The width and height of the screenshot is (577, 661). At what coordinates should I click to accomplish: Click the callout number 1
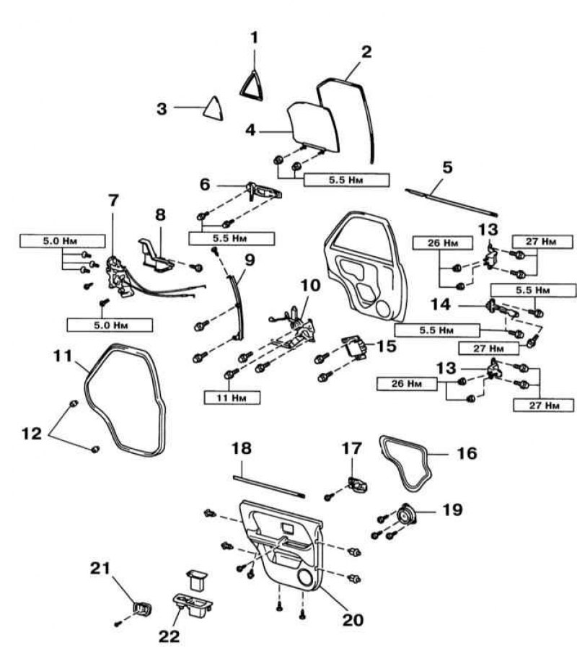[254, 36]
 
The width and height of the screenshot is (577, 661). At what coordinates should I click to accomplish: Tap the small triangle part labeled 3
[214, 107]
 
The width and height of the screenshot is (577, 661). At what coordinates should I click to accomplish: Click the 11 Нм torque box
[232, 397]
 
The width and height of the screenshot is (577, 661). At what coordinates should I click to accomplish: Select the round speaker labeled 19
[405, 517]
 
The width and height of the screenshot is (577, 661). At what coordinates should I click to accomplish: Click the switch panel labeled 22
[192, 605]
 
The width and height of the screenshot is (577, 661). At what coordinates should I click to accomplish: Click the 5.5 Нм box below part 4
[346, 180]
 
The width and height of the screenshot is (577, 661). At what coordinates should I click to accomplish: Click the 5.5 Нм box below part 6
[227, 237]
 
